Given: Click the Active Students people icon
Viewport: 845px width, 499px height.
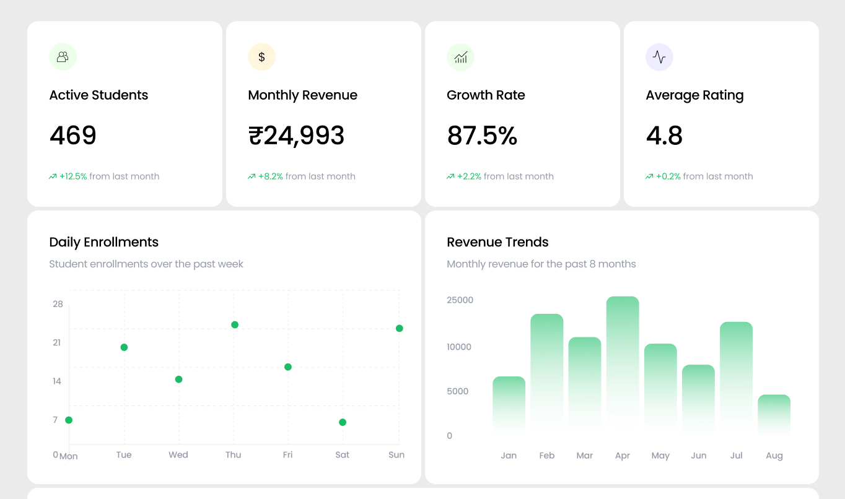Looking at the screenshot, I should point(63,57).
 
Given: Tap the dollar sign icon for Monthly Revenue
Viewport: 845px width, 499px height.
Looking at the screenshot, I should point(261,57).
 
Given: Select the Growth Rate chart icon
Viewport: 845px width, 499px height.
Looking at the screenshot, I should point(460,57).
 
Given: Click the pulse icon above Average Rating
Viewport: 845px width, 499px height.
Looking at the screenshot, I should point(659,57).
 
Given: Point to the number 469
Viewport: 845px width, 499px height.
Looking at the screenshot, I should point(73,136).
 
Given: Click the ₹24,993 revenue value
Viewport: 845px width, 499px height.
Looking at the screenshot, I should point(296,136).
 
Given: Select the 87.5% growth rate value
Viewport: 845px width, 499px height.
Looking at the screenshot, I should point(482,136).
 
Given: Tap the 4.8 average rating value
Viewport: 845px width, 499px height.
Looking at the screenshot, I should point(664,136).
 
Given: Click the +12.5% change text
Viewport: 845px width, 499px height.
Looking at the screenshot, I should point(73,176).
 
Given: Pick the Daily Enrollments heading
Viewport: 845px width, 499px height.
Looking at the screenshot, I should point(103,242).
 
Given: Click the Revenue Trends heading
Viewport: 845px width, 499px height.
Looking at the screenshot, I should point(497,242).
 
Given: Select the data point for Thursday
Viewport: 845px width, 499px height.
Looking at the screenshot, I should point(235,325).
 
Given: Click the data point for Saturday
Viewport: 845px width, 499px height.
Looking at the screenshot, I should point(343,422).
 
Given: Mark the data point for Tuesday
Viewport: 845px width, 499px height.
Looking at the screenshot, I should point(124,347).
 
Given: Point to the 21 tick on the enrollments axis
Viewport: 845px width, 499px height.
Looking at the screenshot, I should point(57,342).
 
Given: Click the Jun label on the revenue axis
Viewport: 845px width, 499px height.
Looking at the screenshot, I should point(698,456).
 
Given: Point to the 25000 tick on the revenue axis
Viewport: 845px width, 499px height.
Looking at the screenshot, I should point(460,300).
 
